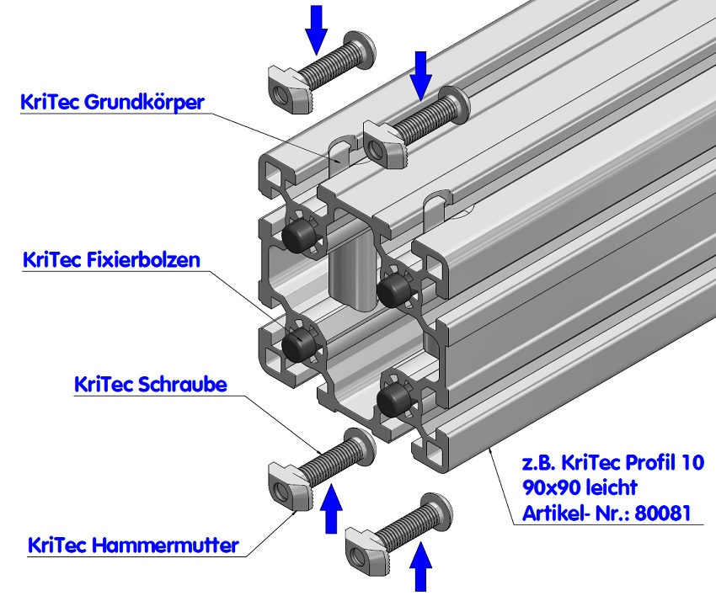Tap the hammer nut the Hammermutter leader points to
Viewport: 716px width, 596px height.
pyautogui.click(x=288, y=485)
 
